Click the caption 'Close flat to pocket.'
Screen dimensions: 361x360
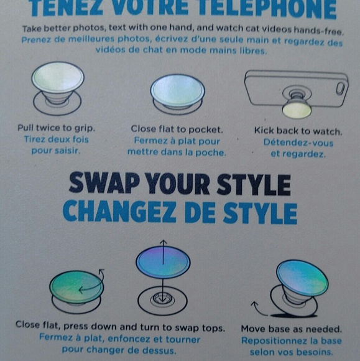(x=177, y=129)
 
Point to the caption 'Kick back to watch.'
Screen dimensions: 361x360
(x=298, y=131)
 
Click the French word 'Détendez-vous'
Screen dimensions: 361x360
(x=298, y=143)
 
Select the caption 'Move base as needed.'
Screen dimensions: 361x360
(x=292, y=329)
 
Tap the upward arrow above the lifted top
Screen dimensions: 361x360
(x=163, y=243)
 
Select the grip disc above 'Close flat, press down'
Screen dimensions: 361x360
(x=77, y=288)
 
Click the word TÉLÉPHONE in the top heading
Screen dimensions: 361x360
(x=273, y=9)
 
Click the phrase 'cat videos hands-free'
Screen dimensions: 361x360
(x=295, y=29)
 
